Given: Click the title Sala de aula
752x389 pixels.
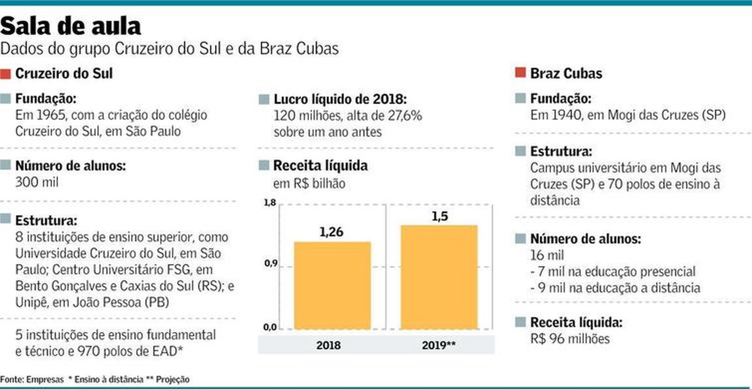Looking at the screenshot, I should [x=70, y=26].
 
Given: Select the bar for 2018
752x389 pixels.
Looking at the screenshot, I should [x=332, y=285].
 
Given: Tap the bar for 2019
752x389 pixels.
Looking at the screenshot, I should [x=439, y=277].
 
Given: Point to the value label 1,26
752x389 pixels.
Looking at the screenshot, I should [x=332, y=232].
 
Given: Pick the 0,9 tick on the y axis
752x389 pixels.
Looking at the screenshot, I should [x=269, y=264].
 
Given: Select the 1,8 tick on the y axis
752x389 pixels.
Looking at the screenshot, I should [x=269, y=202].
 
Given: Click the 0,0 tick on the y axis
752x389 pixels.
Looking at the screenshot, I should [x=269, y=327].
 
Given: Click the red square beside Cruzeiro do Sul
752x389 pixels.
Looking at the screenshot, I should [x=6, y=73].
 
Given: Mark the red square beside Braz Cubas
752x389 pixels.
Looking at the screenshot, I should [x=520, y=73].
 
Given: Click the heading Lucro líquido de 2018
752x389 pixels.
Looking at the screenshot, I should [x=340, y=100].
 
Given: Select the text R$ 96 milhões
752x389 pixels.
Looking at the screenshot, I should [x=570, y=339].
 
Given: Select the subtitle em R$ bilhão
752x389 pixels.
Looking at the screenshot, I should [x=309, y=184].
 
